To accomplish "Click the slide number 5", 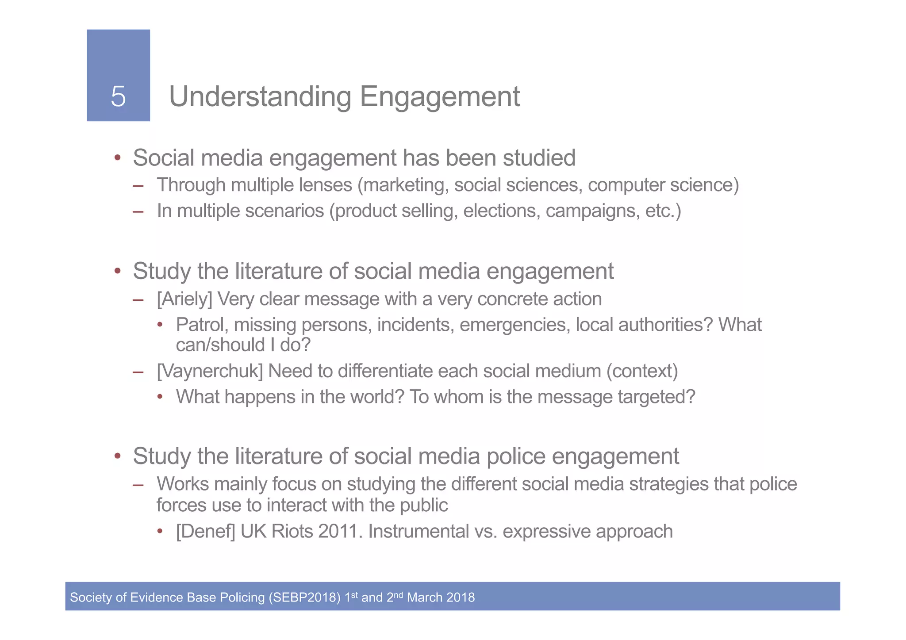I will (118, 96).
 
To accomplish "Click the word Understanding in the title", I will (260, 97).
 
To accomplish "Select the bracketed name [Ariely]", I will (184, 299).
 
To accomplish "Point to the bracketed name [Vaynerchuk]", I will (210, 371).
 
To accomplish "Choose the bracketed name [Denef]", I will (205, 531).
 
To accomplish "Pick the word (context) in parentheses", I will (642, 371).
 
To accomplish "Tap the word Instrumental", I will (418, 531).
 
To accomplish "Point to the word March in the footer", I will (425, 598).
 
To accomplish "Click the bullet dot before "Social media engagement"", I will (117, 158).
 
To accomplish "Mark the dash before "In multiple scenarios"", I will (138, 211).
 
